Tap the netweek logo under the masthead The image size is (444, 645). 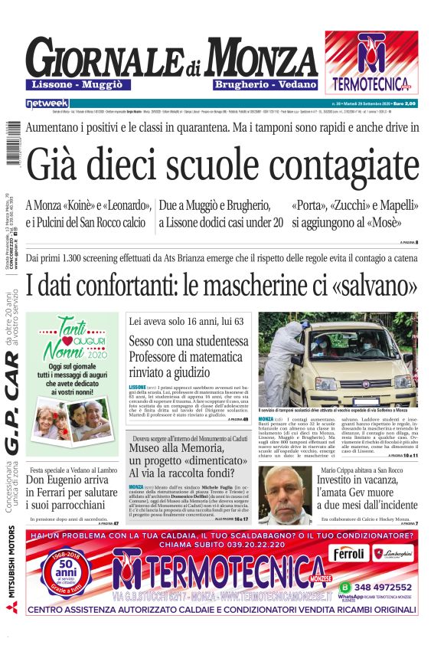(x=47, y=103)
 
